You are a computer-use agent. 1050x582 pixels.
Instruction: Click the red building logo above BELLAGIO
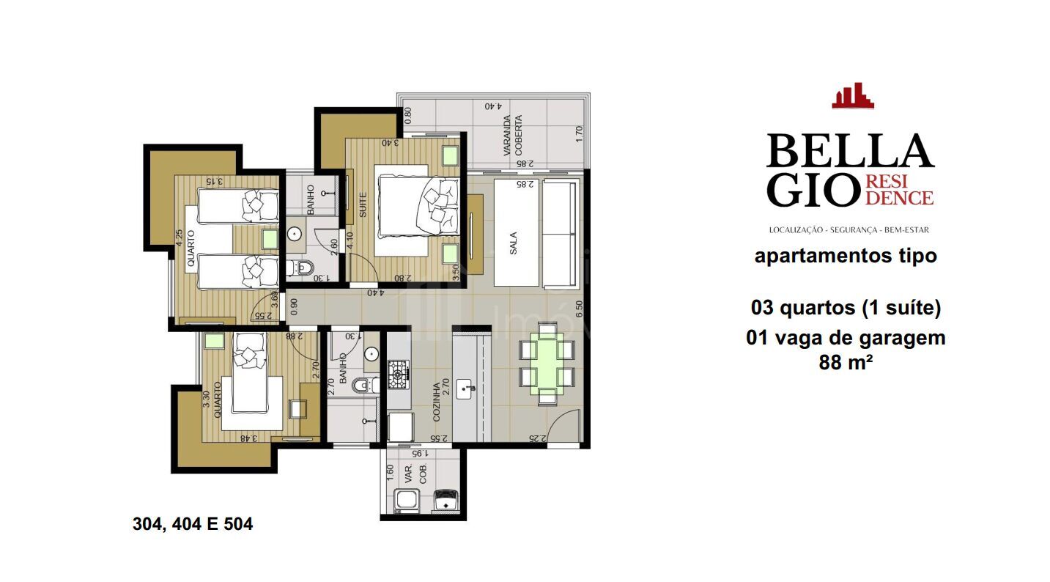pos(852,96)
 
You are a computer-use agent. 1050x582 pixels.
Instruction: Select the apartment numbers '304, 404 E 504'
pos(193,525)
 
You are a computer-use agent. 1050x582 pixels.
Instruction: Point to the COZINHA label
pos(437,400)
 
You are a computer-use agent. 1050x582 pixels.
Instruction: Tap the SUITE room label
pos(362,205)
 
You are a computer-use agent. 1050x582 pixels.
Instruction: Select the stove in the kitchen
pos(399,374)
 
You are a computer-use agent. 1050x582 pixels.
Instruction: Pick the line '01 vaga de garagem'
pos(845,338)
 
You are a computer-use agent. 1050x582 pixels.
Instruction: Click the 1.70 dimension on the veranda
pos(578,133)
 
